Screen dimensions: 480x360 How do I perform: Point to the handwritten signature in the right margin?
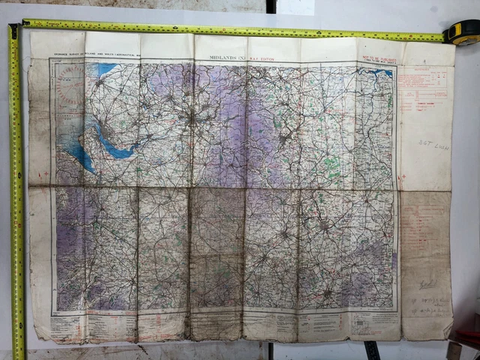pyautogui.click(x=427, y=284)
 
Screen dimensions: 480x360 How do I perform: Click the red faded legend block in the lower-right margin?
pyautogui.click(x=424, y=240)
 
